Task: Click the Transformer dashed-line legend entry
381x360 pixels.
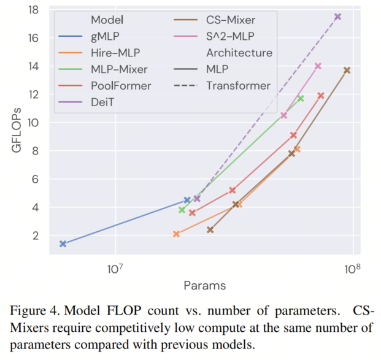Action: pyautogui.click(x=237, y=85)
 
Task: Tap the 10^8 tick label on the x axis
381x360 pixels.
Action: pyautogui.click(x=351, y=269)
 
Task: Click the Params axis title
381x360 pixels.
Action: pyautogui.click(x=204, y=285)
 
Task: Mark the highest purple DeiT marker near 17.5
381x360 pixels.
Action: pyautogui.click(x=337, y=17)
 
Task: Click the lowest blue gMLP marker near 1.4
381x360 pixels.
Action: pyautogui.click(x=63, y=243)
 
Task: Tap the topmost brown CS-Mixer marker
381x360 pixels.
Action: pyautogui.click(x=347, y=71)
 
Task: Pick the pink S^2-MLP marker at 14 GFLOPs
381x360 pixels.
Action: pyautogui.click(x=318, y=66)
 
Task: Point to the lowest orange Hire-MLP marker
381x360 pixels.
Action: pyautogui.click(x=176, y=234)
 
